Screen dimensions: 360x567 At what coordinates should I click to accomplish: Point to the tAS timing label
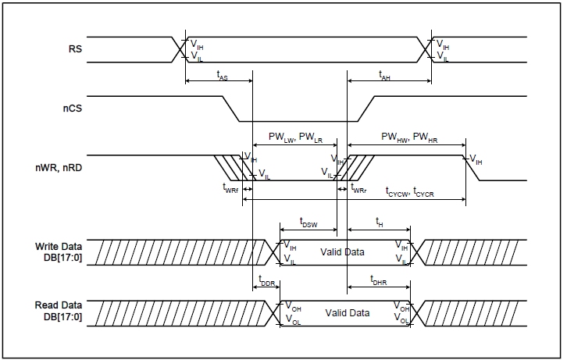pos(222,76)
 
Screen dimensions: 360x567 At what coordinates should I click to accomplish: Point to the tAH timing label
pos(384,76)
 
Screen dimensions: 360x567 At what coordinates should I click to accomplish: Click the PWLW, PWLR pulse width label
pos(296,137)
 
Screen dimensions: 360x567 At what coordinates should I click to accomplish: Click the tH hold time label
pos(380,222)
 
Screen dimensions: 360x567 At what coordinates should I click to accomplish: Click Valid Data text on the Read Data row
pos(348,312)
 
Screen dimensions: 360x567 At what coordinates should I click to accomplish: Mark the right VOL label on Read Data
pos(399,320)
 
